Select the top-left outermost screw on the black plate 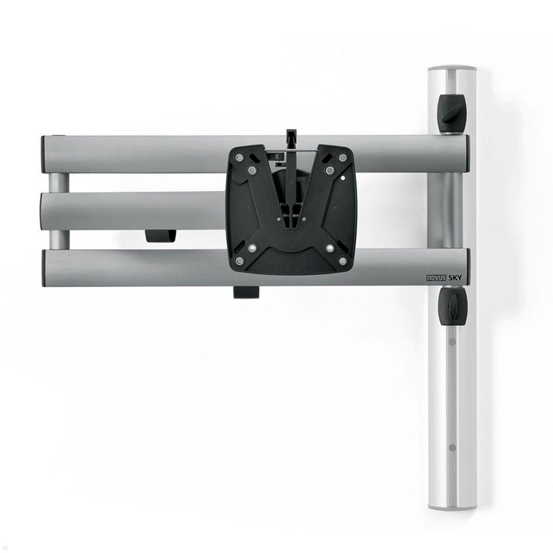click(239, 157)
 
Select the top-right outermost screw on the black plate click(342, 157)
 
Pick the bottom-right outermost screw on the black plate click(342, 261)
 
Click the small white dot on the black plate click(344, 177)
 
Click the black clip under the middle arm click(160, 236)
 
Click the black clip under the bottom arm click(247, 293)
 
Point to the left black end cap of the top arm click(44, 154)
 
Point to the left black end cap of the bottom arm click(44, 268)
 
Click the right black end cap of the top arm click(467, 153)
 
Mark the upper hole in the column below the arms click(452, 342)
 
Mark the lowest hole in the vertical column click(452, 447)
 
